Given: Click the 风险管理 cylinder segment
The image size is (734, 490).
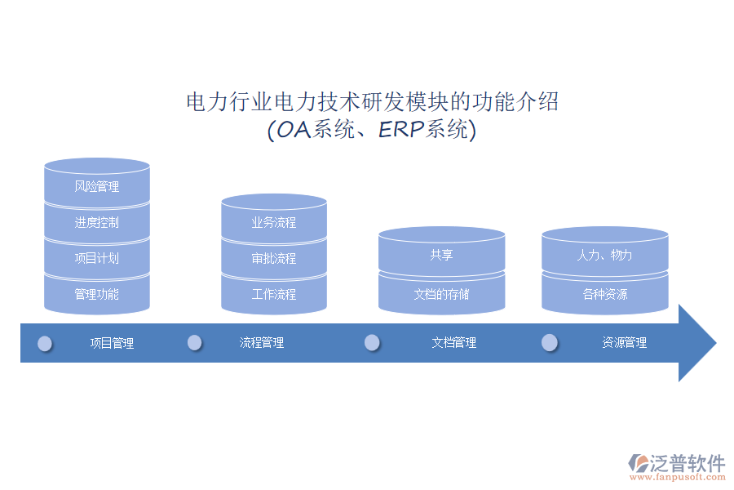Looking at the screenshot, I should [97, 187].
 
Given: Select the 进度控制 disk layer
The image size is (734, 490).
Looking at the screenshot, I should [97, 222].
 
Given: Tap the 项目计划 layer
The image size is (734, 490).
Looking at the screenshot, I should [97, 258].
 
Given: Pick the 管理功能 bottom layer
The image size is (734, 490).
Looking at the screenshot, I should [97, 294].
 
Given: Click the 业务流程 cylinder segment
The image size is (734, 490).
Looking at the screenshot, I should [274, 222].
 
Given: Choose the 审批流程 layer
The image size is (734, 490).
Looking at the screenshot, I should [274, 258].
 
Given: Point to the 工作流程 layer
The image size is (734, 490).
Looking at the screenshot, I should [274, 294].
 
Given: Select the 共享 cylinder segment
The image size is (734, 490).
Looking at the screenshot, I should [441, 255].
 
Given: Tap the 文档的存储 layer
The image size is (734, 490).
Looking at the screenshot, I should [441, 294].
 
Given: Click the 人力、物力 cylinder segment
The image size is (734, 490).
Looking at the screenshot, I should [605, 255].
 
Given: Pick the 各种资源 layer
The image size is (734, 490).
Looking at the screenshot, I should [605, 294].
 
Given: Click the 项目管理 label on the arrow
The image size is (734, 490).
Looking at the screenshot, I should [112, 343].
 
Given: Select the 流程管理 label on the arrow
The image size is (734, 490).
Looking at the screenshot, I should [262, 343].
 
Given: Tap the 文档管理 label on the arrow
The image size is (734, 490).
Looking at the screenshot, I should [454, 343].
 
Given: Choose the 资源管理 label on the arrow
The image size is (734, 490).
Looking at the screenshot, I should [625, 343].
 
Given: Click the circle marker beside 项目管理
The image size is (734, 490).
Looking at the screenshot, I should [45, 344].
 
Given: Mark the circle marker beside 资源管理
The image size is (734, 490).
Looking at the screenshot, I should [550, 342].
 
